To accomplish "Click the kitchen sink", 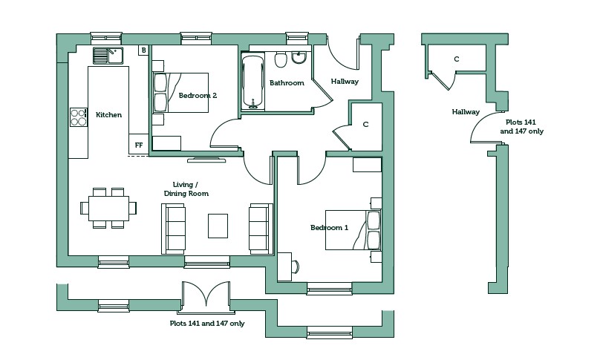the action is (108, 56).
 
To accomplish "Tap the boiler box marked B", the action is (144, 50).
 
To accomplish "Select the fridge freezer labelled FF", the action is (138, 145).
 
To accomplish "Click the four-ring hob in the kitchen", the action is (79, 117).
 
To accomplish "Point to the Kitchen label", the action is (109, 115).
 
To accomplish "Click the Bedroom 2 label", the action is (198, 96).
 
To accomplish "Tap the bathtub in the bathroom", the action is (253, 82).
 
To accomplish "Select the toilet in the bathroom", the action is (281, 59).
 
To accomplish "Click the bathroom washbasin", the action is (299, 58).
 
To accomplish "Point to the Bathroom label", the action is (287, 83).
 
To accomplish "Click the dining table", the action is (109, 209).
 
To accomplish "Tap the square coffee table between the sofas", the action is (218, 226).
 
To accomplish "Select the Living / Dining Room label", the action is (186, 189).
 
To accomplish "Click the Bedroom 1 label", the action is (329, 228).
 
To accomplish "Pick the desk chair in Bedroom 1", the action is (296, 266).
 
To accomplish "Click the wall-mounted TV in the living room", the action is (206, 160).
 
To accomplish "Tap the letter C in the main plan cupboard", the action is (365, 125).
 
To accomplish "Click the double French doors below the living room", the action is (206, 295).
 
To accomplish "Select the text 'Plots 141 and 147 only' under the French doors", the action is (207, 324).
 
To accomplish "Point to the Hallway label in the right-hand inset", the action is (466, 112).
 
